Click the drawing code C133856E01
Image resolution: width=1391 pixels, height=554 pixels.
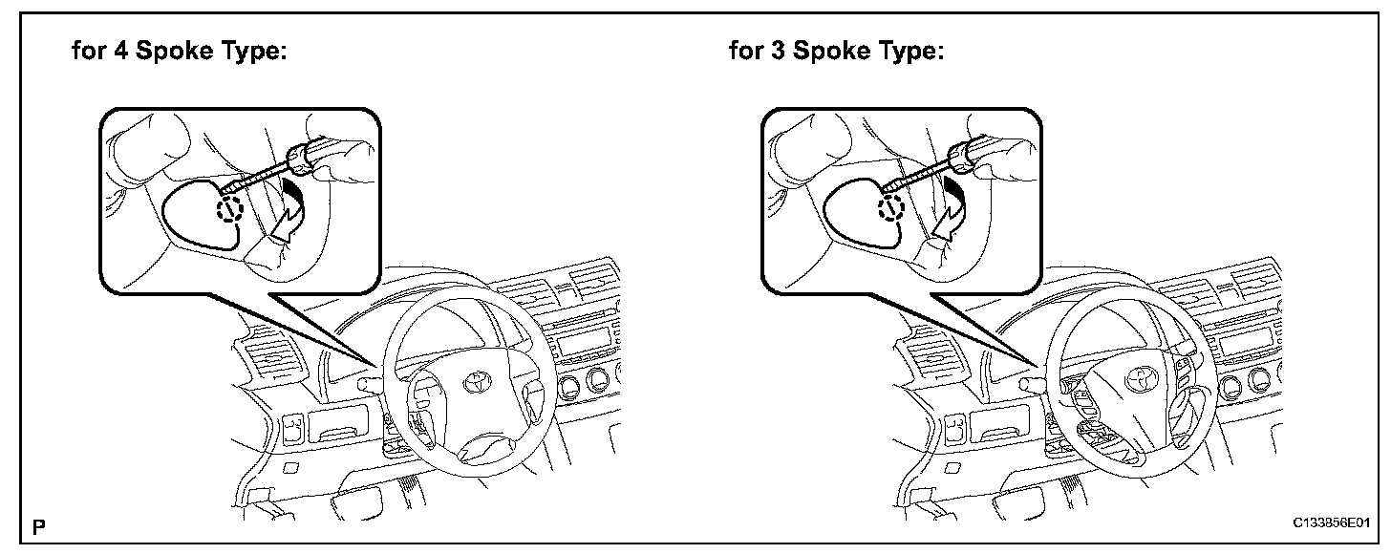[1332, 524]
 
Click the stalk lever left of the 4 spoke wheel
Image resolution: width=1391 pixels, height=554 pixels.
[368, 384]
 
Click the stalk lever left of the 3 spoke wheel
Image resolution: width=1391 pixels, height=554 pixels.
[1029, 384]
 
